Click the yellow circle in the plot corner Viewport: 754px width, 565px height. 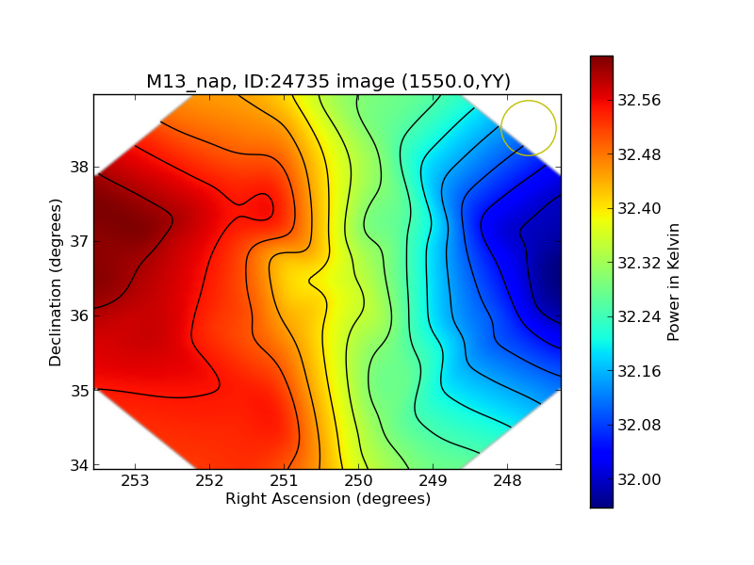point(529,128)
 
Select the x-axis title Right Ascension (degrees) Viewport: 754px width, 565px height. point(328,498)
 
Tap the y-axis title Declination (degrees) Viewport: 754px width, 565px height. point(57,282)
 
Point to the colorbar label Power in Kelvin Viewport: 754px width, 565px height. point(673,282)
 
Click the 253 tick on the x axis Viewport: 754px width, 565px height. point(135,479)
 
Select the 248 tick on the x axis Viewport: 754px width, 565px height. point(507,479)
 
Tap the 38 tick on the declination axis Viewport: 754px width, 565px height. point(78,168)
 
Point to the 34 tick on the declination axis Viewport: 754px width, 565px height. point(78,465)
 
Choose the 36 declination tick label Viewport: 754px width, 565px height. point(78,316)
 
